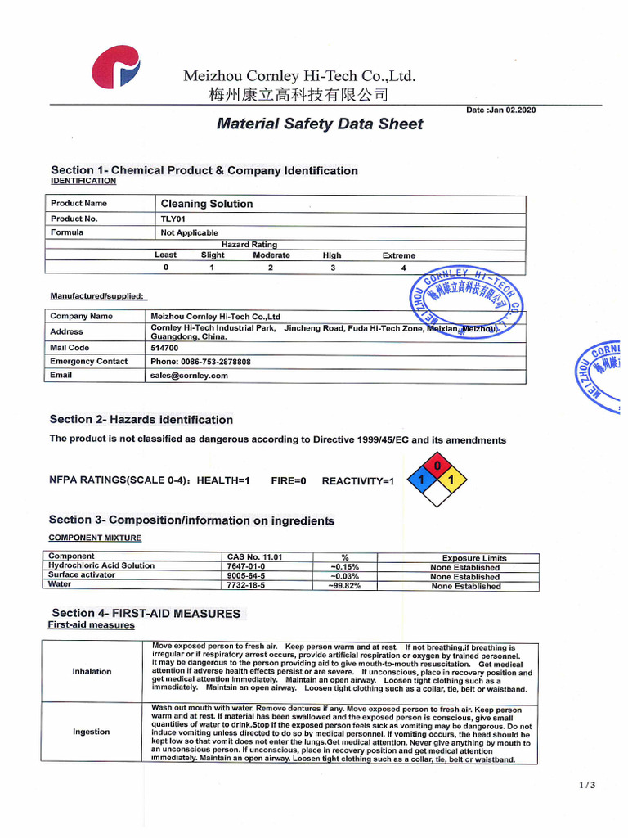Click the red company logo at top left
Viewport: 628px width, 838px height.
tap(117, 66)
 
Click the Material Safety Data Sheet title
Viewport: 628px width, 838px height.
tap(320, 124)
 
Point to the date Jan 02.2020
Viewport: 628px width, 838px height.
tap(501, 110)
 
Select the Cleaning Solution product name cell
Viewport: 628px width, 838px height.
tap(207, 204)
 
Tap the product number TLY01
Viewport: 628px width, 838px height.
tap(174, 219)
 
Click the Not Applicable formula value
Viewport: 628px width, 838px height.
tap(190, 232)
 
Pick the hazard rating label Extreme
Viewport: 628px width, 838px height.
tap(399, 255)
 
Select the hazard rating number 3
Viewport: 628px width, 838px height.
tap(333, 268)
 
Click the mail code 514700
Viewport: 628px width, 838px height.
tap(166, 347)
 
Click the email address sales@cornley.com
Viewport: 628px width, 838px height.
tap(189, 376)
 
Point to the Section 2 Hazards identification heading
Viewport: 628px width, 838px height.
tap(141, 420)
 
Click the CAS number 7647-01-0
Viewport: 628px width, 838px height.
tap(246, 566)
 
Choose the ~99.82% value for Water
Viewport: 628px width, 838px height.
tap(344, 586)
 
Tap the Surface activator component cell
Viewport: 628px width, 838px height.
tap(83, 575)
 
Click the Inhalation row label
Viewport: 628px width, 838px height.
tap(92, 672)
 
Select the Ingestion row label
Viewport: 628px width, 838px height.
tap(91, 732)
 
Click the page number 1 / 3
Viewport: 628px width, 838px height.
tap(587, 786)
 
